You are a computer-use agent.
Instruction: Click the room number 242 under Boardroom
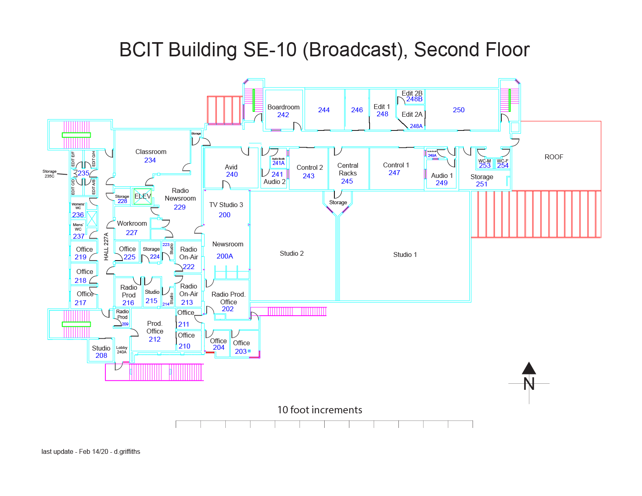click(x=283, y=115)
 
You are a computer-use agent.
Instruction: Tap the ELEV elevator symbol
click(x=143, y=196)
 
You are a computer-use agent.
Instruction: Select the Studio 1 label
click(x=405, y=254)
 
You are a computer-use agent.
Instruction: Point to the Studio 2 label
click(x=291, y=253)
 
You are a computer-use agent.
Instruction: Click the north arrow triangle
click(x=529, y=368)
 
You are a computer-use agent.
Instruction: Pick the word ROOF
click(x=554, y=157)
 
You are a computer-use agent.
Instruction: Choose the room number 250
click(x=458, y=110)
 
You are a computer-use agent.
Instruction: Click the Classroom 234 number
click(x=150, y=160)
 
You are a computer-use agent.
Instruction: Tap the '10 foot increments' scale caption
click(x=320, y=410)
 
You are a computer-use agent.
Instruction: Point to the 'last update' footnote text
click(x=91, y=451)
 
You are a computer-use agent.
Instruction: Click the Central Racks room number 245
click(x=347, y=181)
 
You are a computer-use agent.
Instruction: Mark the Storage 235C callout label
click(x=49, y=174)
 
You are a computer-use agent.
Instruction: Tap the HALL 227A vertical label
click(x=106, y=246)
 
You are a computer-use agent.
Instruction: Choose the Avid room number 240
click(x=232, y=174)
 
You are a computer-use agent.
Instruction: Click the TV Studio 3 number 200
click(x=225, y=215)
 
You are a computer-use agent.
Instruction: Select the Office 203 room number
click(x=241, y=351)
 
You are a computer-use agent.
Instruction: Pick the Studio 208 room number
click(x=101, y=355)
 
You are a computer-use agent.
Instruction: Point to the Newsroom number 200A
click(x=225, y=256)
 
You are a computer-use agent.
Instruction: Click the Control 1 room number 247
click(x=394, y=173)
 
